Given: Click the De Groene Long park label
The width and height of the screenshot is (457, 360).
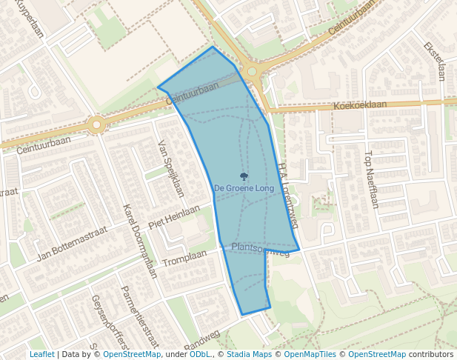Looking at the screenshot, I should pos(244,189).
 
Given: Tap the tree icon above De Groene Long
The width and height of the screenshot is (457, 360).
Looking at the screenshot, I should pos(244,176).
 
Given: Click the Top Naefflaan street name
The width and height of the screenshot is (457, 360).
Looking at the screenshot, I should pos(370,179).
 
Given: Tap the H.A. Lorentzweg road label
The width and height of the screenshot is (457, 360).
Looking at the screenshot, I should pos(288,195).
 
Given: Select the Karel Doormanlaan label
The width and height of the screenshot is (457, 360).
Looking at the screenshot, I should pos(141,241).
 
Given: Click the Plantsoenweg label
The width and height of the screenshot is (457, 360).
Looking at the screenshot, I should pos(260,249).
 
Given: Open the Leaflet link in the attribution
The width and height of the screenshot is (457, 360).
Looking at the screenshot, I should pos(41,355).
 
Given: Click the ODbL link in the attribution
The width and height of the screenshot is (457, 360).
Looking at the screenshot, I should pos(200,355).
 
